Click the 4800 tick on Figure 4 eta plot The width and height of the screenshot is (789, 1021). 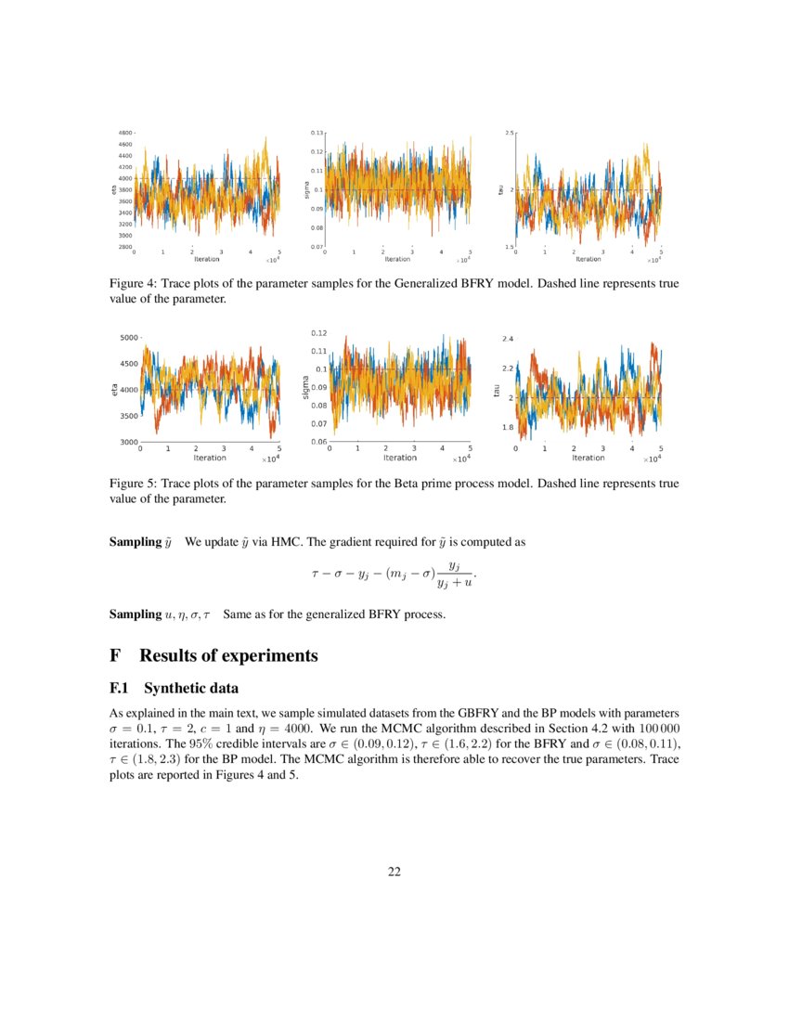coord(123,134)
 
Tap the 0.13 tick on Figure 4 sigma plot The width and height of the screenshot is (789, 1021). coord(317,134)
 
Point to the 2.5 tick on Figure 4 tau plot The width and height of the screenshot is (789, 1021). coord(509,134)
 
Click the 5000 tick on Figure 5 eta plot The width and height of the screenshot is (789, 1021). coord(124,338)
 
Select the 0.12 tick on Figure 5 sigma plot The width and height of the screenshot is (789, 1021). coord(318,332)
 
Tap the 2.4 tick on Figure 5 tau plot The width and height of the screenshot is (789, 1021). coord(508,338)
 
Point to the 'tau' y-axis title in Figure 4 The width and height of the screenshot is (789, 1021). coord(500,189)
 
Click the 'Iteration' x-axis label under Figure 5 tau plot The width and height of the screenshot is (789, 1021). coord(588,458)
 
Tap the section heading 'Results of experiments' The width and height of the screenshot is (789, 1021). coord(228,655)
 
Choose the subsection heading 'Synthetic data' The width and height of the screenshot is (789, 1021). coord(191,689)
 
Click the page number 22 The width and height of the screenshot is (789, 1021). coord(394,871)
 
